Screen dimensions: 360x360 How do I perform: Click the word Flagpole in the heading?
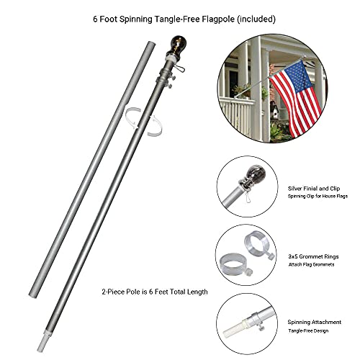pyautogui.click(x=218, y=19)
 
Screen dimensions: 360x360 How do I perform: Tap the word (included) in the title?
pyautogui.click(x=256, y=19)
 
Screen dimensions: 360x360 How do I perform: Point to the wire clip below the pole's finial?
pyautogui.click(x=179, y=69)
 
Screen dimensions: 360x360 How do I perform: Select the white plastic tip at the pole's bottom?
pyautogui.click(x=41, y=341)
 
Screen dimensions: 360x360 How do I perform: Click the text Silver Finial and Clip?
pyautogui.click(x=314, y=189)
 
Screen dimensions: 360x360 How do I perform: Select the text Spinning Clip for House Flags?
pyautogui.click(x=318, y=197)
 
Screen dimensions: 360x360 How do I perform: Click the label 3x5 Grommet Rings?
pyautogui.click(x=313, y=256)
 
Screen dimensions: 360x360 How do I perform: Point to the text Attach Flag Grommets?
pyautogui.click(x=311, y=264)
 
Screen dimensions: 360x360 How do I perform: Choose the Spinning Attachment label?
pyautogui.click(x=315, y=322)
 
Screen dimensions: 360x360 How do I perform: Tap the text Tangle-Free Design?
pyautogui.click(x=308, y=330)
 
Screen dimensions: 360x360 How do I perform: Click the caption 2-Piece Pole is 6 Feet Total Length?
pyautogui.click(x=155, y=292)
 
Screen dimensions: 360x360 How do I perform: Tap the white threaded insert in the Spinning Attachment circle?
pyautogui.click(x=234, y=328)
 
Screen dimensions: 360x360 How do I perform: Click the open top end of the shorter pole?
pyautogui.click(x=151, y=44)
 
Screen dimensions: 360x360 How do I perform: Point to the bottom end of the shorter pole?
pyautogui.click(x=33, y=295)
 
